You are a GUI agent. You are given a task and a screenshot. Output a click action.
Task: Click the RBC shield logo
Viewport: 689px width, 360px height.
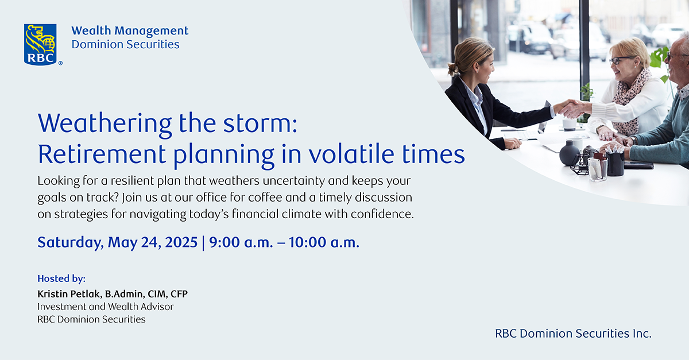click(40, 45)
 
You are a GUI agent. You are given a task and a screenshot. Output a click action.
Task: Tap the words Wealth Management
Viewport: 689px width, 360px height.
click(130, 31)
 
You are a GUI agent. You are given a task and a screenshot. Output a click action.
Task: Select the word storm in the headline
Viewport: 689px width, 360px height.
click(260, 123)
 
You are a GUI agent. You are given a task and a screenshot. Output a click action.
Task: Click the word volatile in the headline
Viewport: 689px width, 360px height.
click(351, 154)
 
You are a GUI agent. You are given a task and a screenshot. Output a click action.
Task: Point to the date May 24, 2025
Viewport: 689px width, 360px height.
click(153, 242)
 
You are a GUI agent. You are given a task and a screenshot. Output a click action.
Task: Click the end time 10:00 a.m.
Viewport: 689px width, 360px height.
click(324, 242)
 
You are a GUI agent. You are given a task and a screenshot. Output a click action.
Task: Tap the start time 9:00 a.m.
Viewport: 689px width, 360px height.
click(241, 242)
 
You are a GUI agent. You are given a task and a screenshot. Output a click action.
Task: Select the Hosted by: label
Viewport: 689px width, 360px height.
click(61, 279)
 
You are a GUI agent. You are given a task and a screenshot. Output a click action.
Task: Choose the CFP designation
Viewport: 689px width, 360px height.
click(179, 294)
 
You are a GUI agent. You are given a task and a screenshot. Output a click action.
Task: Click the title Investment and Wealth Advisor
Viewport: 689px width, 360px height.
click(106, 307)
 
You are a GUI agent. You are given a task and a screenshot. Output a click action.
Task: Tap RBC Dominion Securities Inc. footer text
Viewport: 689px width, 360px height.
click(573, 334)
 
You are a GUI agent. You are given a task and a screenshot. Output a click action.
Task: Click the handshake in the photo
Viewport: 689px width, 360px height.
click(572, 109)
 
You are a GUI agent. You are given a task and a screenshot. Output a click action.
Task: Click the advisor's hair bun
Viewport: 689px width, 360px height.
click(453, 70)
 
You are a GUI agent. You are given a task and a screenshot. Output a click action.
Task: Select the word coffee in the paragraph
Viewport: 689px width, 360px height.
click(265, 198)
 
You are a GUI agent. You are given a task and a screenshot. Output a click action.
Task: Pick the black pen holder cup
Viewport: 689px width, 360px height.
click(615, 163)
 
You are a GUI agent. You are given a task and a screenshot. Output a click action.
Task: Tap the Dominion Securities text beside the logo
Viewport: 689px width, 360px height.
click(126, 45)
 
